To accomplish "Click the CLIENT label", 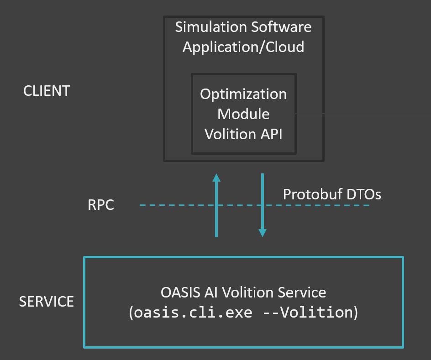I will coord(47,91).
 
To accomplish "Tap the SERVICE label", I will coord(46,302).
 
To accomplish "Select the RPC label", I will coord(100,205).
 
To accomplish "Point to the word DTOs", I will coord(363,194).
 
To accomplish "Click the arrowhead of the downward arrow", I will coord(263,233).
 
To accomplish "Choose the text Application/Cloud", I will coord(243,47).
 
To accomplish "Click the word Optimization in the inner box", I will coord(243,94).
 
